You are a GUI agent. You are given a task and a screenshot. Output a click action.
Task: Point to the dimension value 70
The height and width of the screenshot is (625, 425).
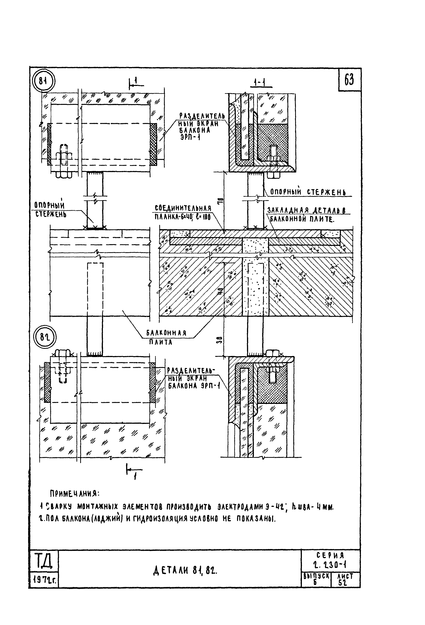coord(220,201)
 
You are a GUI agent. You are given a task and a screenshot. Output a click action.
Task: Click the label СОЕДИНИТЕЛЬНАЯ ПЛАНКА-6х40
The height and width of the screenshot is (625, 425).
coord(183,212)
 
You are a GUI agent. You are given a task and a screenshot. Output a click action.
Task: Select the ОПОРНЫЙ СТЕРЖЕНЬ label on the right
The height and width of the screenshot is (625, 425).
coord(308,192)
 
